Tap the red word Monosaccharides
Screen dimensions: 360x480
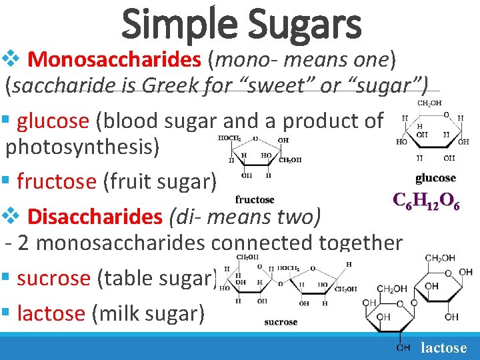tap(115, 60)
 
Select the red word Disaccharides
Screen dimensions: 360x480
tap(95, 217)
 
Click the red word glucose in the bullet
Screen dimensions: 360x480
tap(53, 121)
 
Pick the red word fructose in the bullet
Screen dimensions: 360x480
tap(57, 181)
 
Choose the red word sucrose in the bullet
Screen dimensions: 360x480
tap(53, 278)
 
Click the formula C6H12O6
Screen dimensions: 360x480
tap(426, 199)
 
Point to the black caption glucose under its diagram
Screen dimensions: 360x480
tap(435, 178)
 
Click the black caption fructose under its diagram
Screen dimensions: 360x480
tap(255, 199)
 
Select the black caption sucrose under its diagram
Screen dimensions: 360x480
tap(281, 322)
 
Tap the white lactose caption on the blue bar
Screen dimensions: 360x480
tap(444, 347)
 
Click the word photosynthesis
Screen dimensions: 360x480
tap(83, 147)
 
